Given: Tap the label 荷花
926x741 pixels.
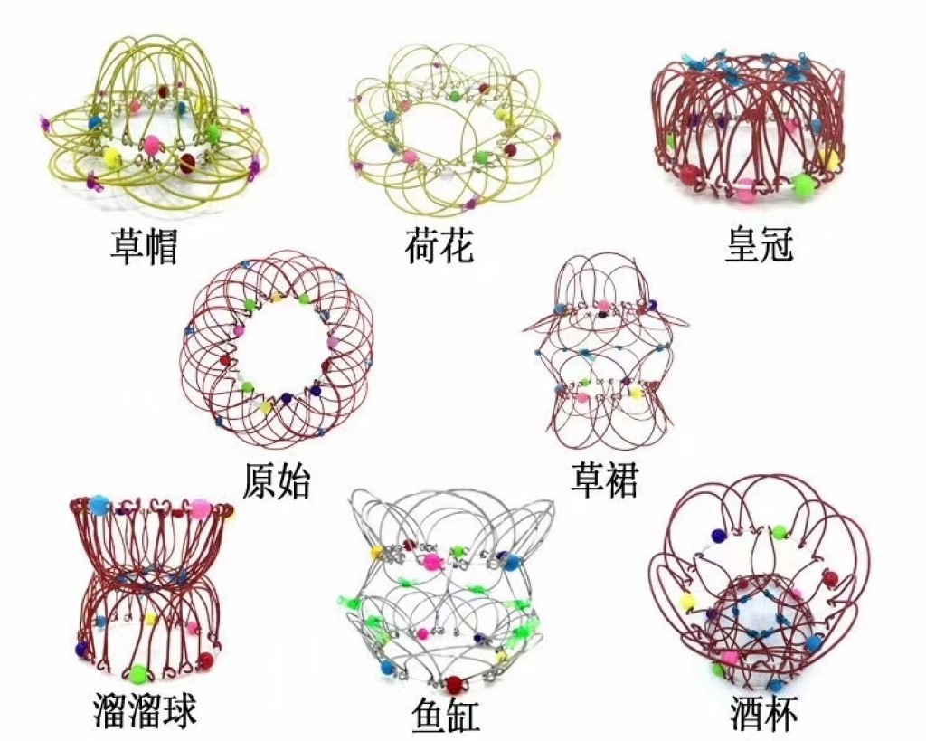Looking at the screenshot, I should coord(439,245).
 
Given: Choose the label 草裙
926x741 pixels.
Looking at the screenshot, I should coord(604,480).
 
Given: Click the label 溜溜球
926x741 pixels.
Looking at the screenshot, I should coord(145,710).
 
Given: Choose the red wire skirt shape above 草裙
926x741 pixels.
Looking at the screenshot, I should coord(601,357).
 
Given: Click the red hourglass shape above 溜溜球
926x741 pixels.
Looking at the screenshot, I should coord(149,588).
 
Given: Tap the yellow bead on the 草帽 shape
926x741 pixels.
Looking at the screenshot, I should coord(111,156).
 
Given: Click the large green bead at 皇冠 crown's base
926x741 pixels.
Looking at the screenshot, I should coord(801,186).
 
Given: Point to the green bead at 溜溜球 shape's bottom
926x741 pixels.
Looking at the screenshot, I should coord(138,673).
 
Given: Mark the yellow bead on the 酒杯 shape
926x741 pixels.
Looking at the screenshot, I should coord(686,599).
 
